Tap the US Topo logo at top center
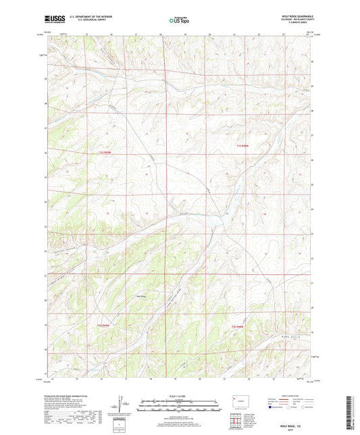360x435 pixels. pos(180,20)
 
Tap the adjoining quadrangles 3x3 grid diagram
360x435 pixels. pos(236,423)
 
